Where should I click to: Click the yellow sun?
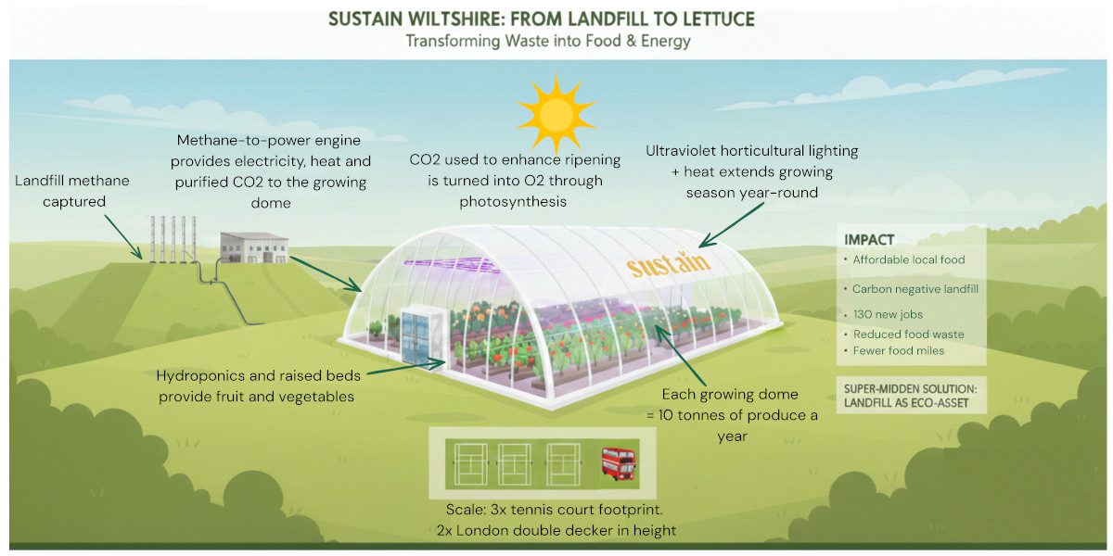tap(557, 114)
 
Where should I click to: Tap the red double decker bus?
tap(618, 462)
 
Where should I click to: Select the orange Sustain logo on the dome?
tap(668, 263)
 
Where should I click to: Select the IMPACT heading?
tap(869, 240)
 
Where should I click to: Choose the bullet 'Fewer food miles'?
tap(899, 350)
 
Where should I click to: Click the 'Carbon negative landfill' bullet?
tap(915, 289)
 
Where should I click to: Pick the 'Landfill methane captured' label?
tap(72, 190)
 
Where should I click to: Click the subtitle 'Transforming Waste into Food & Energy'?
tap(547, 42)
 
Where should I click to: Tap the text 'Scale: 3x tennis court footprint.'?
tap(556, 510)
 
